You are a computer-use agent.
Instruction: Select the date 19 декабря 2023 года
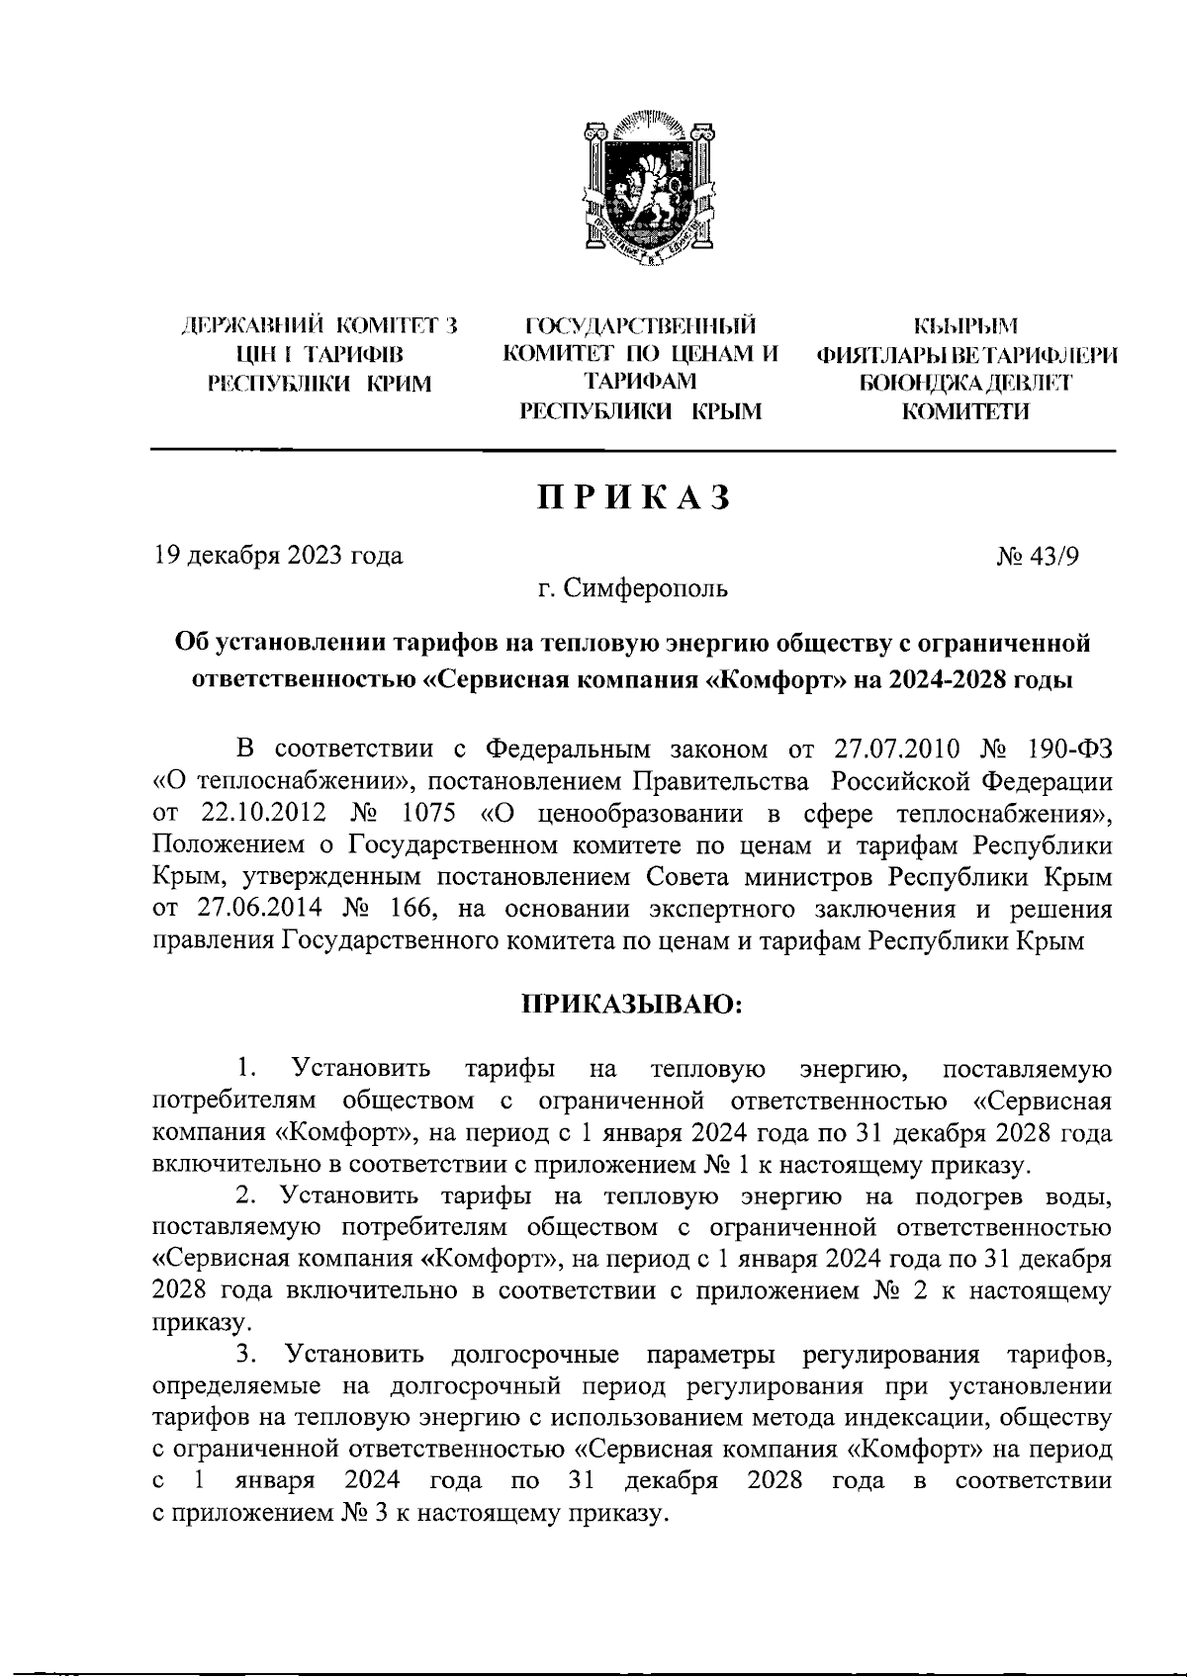(x=279, y=555)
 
